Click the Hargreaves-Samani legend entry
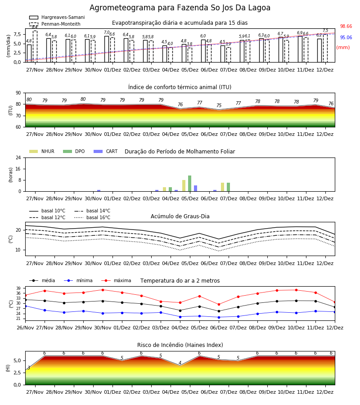(x=57, y=17)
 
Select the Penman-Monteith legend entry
(x=55, y=24)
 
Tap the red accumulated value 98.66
(x=346, y=27)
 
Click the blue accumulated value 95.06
(x=346, y=38)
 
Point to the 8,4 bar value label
(x=35, y=27)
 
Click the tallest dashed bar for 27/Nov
(x=35, y=46)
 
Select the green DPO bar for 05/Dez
(x=190, y=184)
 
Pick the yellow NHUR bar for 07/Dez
(x=223, y=187)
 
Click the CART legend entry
(x=106, y=151)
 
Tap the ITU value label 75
(x=219, y=105)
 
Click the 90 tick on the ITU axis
(x=18, y=93)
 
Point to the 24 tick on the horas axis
(x=18, y=157)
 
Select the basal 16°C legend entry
(x=92, y=217)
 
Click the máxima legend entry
(x=116, y=280)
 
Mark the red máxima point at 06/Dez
(x=219, y=305)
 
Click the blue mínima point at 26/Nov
(x=26, y=306)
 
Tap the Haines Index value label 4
(x=180, y=363)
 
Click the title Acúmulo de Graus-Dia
(x=180, y=216)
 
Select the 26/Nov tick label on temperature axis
(x=25, y=328)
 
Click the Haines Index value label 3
(x=29, y=368)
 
